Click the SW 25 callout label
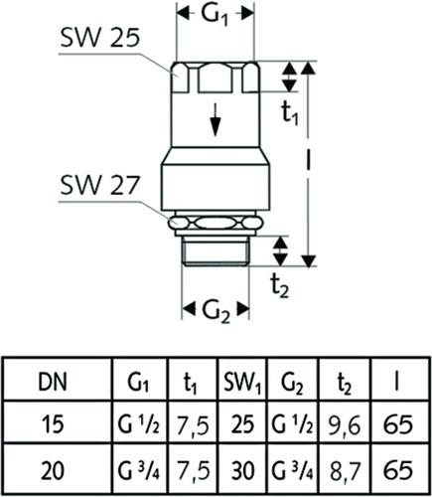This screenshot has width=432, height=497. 99,38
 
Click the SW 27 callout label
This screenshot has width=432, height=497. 99,185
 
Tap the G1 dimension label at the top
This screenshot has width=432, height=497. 216,16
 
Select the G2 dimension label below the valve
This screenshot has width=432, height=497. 216,311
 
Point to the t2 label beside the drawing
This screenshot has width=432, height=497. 280,286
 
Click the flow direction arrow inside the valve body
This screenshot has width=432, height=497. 216,119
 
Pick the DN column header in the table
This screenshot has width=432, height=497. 53,382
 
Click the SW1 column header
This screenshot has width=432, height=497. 242,383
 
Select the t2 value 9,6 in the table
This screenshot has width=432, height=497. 345,425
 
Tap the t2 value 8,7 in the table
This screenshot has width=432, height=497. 345,470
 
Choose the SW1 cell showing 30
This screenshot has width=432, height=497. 242,470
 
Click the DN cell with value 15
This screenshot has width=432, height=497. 53,424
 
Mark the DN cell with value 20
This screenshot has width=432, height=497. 53,470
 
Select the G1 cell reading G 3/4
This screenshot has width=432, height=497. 139,471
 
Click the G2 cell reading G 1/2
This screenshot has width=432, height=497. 292,425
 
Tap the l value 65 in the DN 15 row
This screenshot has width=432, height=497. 398,424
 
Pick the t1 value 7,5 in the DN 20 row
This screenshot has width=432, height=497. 194,470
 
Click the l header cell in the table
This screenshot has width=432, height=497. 397,382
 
